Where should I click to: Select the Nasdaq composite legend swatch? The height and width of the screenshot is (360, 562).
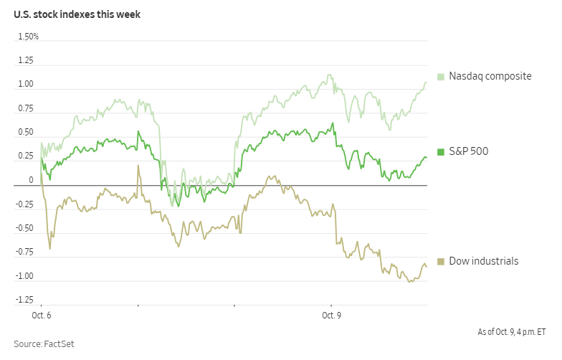(441, 76)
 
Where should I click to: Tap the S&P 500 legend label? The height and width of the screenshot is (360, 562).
(469, 151)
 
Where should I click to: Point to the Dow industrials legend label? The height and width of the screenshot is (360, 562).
(483, 261)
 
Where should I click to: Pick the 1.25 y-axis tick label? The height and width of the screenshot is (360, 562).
(26, 61)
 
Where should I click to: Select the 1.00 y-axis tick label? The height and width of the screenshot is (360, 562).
(26, 85)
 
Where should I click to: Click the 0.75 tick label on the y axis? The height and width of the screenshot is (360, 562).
(26, 109)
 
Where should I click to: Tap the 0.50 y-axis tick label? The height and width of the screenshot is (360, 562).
(26, 133)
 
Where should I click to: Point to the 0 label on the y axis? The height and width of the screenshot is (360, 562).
(31, 180)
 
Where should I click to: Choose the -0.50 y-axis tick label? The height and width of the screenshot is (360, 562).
(24, 228)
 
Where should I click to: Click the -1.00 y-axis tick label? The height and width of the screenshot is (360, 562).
(24, 276)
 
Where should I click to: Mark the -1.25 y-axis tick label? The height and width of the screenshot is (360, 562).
(24, 300)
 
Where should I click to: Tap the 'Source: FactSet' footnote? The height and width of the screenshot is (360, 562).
(44, 344)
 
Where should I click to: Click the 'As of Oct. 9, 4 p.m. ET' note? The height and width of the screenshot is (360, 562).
(512, 332)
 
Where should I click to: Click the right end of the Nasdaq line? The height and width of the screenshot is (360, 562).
(427, 82)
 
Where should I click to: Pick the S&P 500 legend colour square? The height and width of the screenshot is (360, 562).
(441, 151)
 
